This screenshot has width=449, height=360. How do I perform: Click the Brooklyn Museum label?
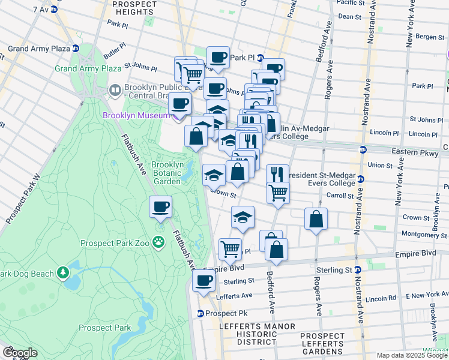137,115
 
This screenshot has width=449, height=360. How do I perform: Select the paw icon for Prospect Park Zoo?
158,242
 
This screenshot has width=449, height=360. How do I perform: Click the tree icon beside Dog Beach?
63,274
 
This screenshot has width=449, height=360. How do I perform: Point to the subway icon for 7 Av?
54,10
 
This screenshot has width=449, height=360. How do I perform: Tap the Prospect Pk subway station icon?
200,313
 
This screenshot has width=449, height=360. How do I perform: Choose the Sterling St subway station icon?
357,271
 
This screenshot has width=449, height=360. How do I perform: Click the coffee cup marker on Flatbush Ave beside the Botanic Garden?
160,208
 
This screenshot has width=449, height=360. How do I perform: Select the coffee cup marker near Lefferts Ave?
203,280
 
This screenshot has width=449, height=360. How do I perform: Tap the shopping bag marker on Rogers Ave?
316,219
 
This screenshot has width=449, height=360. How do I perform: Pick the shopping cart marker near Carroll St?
277,193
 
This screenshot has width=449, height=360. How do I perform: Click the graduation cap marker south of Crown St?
242,217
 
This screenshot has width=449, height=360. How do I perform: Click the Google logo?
19,353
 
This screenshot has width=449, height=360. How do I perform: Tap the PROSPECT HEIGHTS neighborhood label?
134,8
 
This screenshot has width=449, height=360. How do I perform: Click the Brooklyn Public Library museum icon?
115,91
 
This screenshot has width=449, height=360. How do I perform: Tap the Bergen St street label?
429,37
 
